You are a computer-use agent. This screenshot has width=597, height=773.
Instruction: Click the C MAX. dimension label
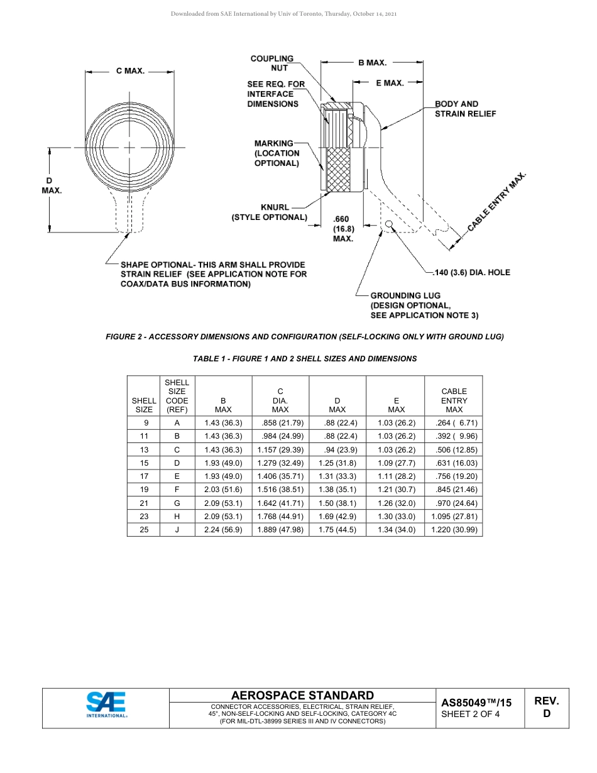[x=130, y=71]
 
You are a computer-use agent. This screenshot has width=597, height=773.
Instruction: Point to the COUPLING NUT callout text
[x=272, y=63]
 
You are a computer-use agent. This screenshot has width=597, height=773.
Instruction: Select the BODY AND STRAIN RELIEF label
[x=465, y=109]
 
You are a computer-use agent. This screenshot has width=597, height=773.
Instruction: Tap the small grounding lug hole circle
[x=390, y=224]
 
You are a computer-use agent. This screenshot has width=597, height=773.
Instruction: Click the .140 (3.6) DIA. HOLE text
[x=472, y=272]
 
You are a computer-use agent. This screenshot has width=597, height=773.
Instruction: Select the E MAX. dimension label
[x=390, y=83]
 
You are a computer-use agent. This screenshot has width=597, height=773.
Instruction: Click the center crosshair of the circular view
[x=129, y=147]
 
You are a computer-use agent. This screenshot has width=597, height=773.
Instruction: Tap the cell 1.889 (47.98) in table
[x=280, y=530]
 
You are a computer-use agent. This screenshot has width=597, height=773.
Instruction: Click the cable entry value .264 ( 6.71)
[x=453, y=423]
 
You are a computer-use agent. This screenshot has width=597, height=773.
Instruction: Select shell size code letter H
[x=177, y=517]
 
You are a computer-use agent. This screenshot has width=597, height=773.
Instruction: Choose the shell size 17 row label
[x=145, y=476]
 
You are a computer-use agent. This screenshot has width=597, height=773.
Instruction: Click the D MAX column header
[x=337, y=405]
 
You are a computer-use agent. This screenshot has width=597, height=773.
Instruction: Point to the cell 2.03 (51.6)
[x=223, y=490]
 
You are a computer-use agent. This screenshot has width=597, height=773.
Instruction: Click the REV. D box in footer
[x=546, y=707]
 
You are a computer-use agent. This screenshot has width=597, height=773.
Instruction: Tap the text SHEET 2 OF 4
[x=470, y=714]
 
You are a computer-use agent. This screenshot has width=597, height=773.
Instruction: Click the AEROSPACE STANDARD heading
[x=302, y=695]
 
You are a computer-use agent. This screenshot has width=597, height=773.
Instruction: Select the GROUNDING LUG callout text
[x=405, y=295]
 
